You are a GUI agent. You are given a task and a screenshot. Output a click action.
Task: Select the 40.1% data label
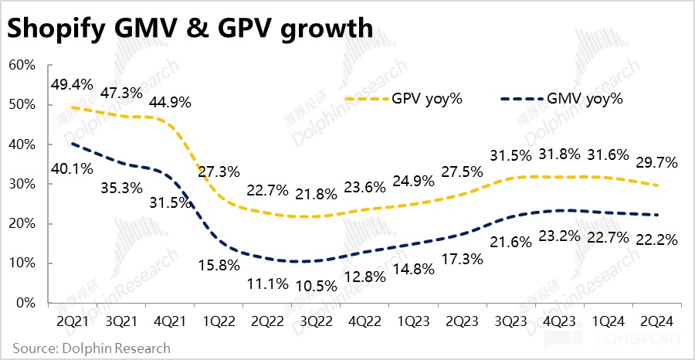(70, 168)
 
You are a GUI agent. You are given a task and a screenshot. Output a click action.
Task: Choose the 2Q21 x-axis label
(70, 320)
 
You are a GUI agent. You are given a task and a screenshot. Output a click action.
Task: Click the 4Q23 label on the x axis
(558, 320)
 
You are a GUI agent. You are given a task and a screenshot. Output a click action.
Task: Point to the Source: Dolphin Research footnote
(91, 348)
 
